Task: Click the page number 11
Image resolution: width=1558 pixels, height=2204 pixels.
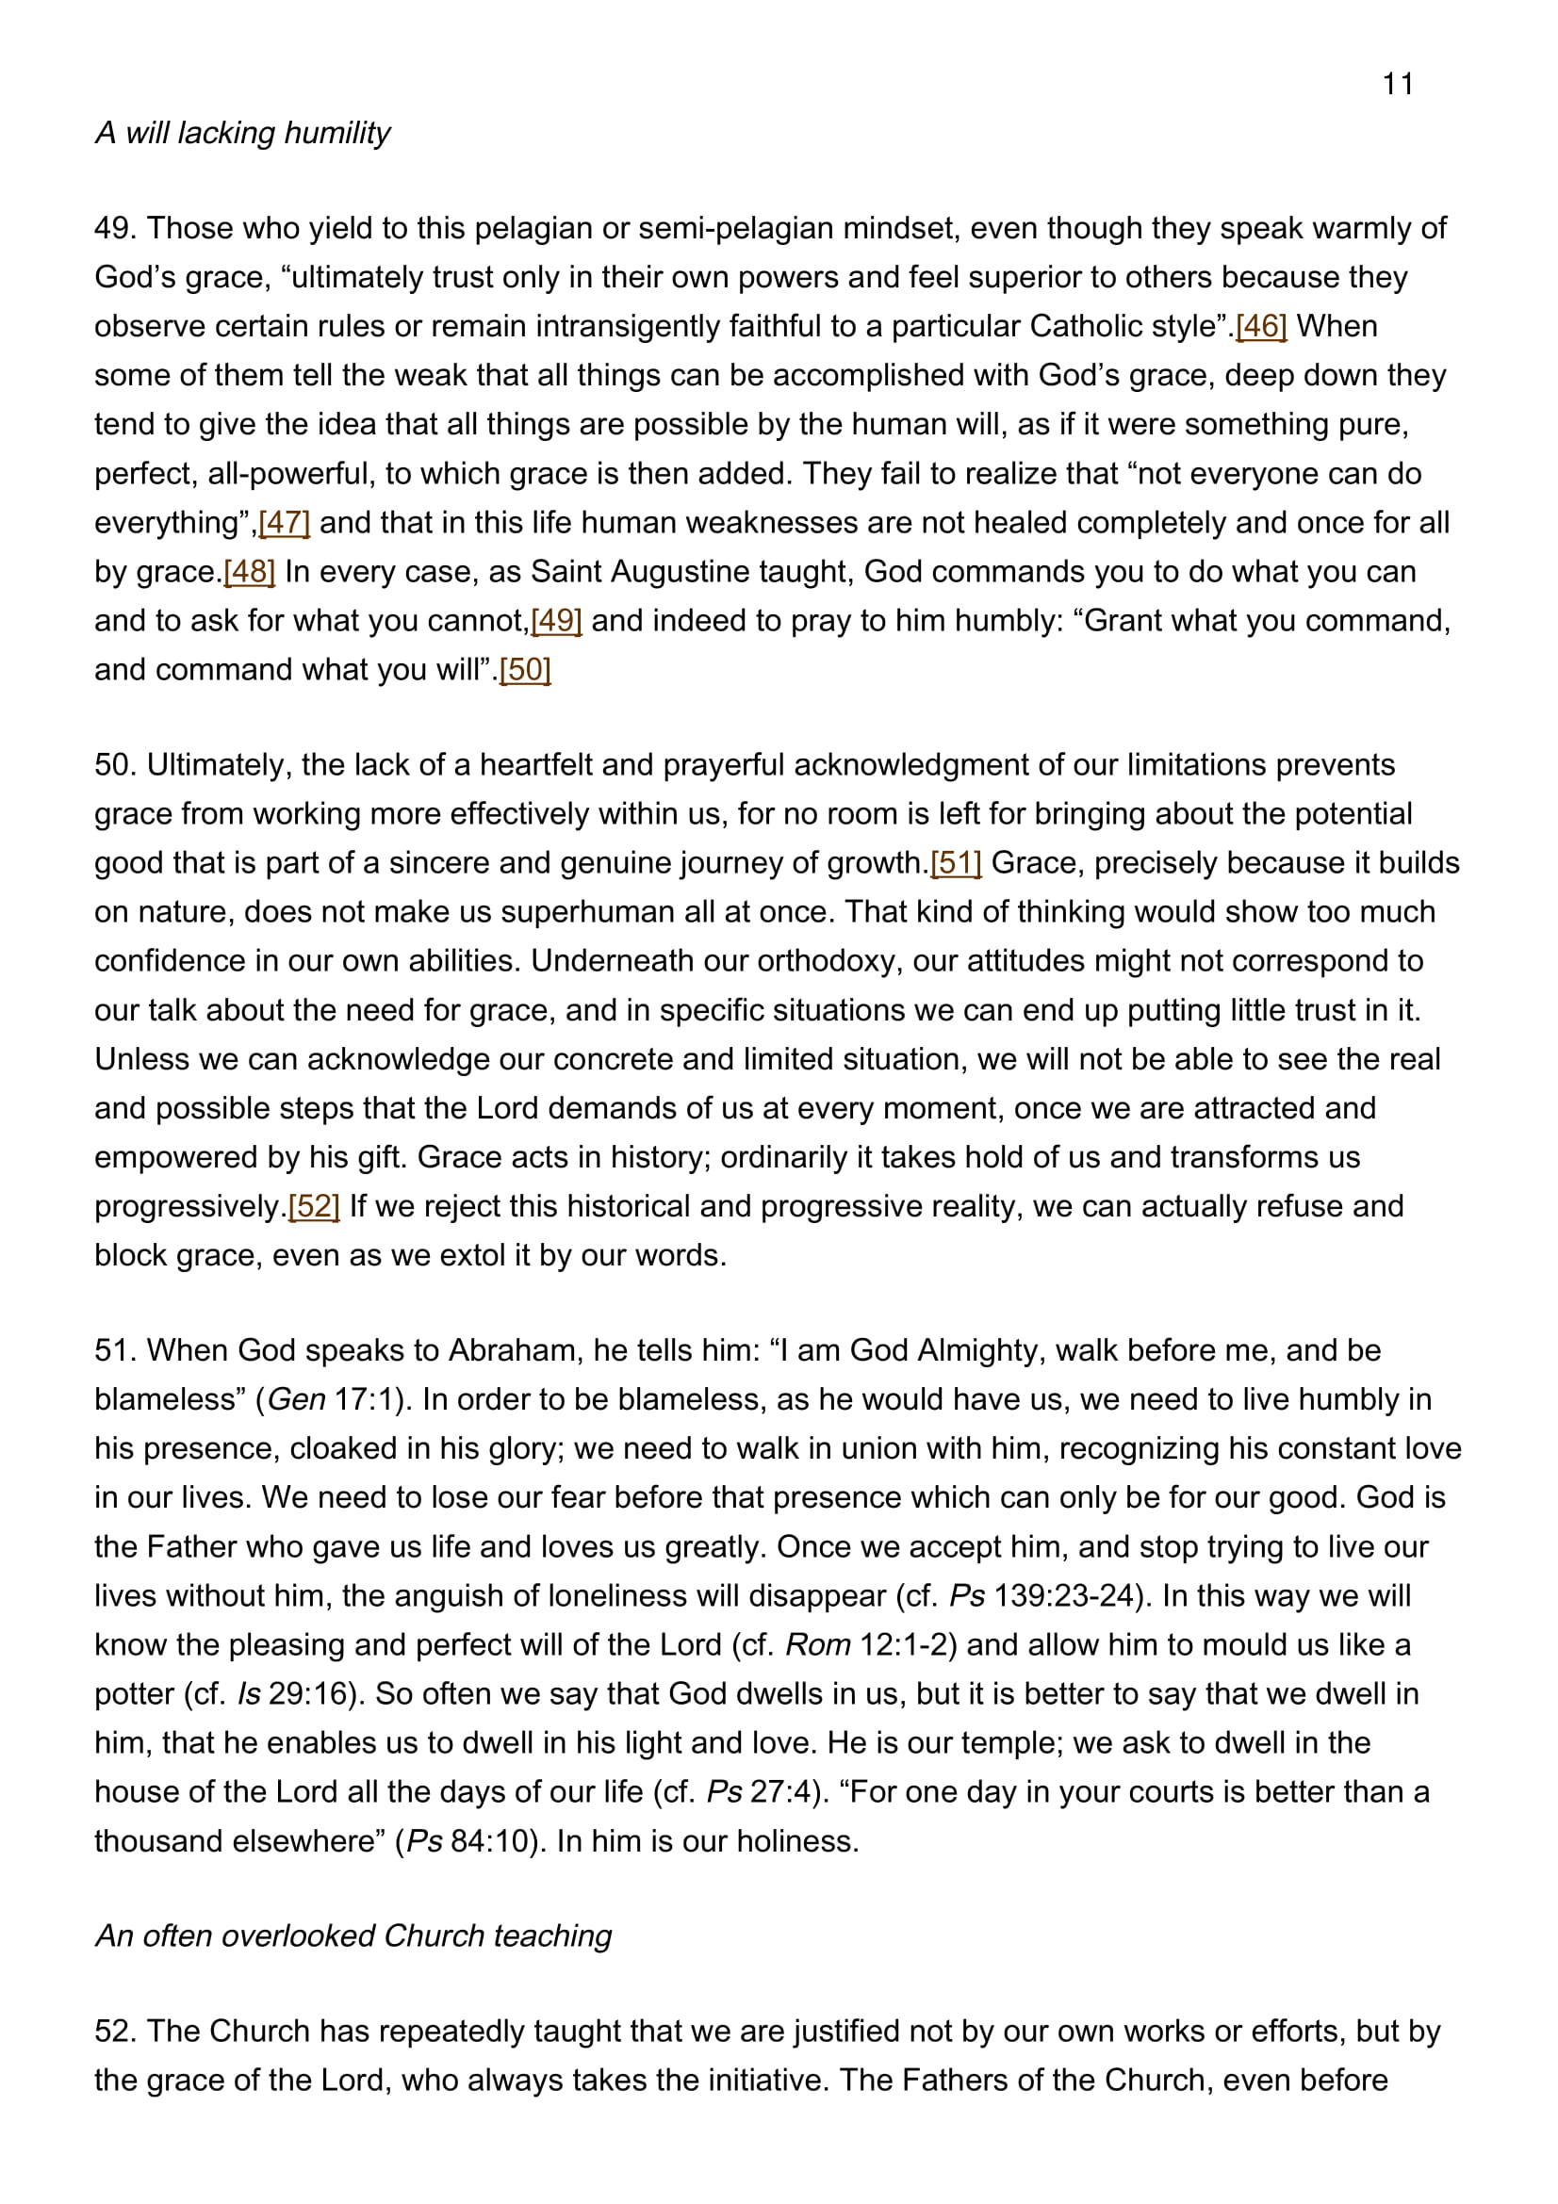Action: point(1398,85)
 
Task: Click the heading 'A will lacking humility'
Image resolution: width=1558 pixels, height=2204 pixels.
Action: point(243,133)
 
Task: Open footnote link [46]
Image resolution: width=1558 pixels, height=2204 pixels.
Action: point(1260,326)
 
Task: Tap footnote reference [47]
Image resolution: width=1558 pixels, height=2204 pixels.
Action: point(284,523)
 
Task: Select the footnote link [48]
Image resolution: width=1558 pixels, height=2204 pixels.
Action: point(250,572)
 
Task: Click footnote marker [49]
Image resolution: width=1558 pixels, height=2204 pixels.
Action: point(557,621)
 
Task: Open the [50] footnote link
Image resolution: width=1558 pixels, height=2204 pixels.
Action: point(525,670)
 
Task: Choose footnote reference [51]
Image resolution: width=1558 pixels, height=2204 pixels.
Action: point(956,863)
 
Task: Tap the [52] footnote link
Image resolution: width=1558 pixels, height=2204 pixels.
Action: point(314,1207)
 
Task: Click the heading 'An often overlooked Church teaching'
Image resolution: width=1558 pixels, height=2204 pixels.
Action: point(353,1935)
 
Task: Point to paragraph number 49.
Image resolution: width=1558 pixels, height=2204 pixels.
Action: point(113,228)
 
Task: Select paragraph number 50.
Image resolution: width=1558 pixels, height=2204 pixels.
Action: point(113,765)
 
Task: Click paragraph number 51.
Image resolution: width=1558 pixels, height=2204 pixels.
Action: point(113,1350)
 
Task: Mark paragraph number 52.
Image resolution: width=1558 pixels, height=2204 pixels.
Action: point(114,2032)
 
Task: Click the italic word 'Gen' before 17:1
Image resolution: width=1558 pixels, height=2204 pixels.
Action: point(297,1399)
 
